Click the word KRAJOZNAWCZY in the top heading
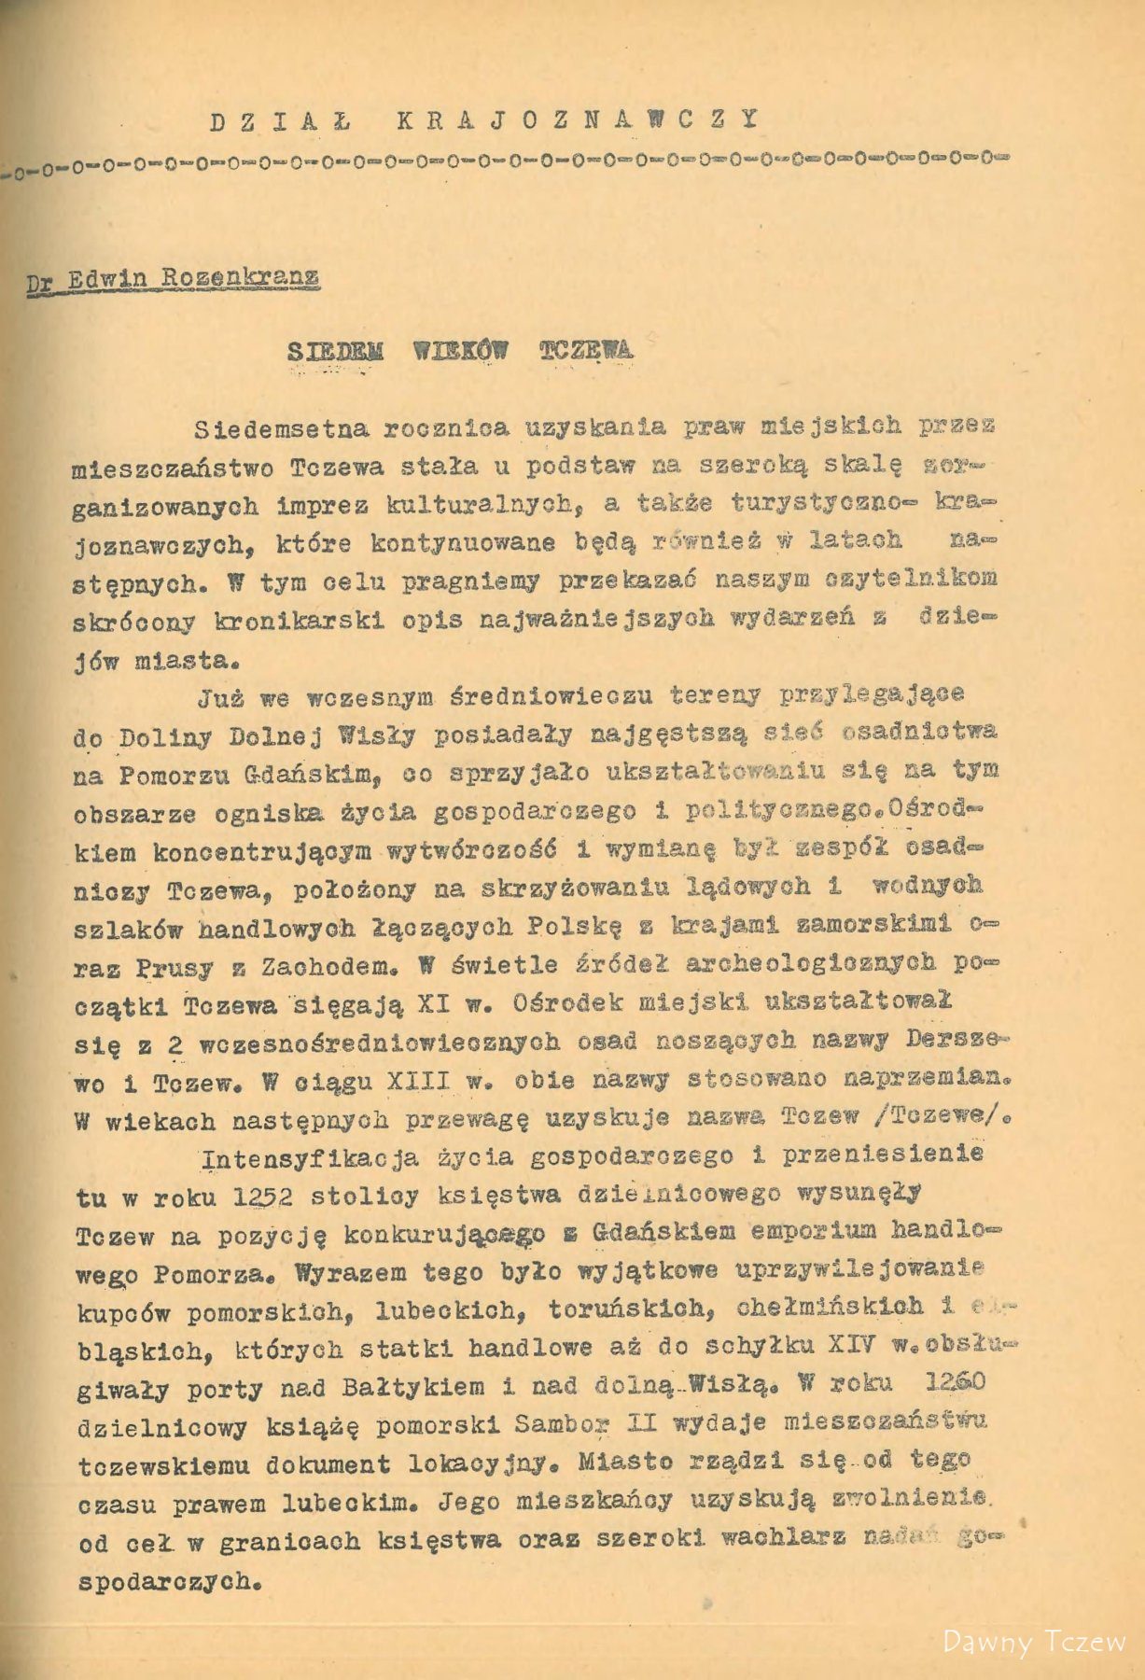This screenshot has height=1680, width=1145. [x=576, y=119]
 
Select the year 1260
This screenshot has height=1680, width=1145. [x=936, y=1385]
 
